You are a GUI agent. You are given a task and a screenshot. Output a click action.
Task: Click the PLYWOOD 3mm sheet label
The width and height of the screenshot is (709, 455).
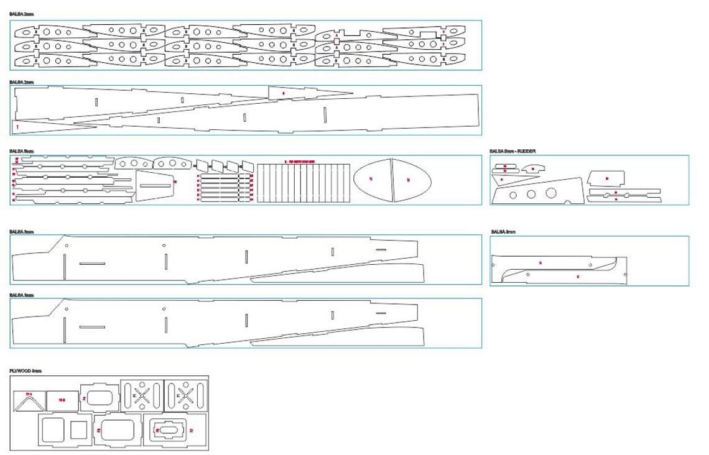click(25, 371)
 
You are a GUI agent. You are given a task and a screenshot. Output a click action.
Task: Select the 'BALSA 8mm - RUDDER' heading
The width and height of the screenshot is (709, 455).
click(512, 151)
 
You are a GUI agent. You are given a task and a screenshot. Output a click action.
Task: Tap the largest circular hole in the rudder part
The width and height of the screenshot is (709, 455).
click(551, 193)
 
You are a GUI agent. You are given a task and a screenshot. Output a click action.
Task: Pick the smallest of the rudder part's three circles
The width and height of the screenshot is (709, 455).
click(513, 195)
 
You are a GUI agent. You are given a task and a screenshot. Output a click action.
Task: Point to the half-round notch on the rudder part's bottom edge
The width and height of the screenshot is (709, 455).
click(567, 203)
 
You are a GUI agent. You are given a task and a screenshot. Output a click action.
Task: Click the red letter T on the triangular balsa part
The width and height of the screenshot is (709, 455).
click(18, 127)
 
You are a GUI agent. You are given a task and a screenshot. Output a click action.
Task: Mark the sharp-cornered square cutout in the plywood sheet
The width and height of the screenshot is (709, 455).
click(78, 430)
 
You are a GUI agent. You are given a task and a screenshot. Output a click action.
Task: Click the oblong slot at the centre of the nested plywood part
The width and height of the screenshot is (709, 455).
click(168, 430)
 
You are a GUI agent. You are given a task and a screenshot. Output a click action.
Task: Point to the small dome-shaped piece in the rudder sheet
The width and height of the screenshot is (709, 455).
click(532, 168)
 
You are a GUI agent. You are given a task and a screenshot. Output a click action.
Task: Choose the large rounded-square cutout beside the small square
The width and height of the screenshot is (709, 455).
click(53, 430)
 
